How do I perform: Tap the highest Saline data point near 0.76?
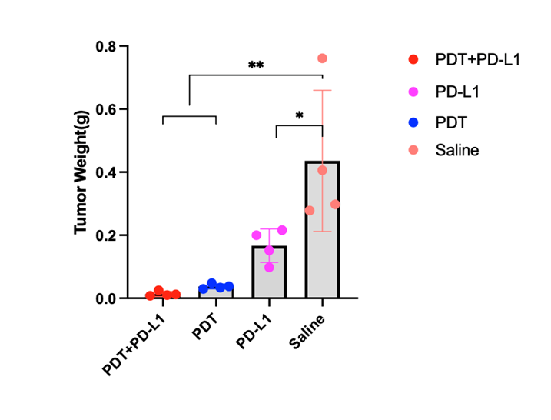pyautogui.click(x=323, y=58)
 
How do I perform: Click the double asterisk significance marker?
pyautogui.click(x=256, y=66)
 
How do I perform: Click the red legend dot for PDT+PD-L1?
pyautogui.click(x=413, y=59)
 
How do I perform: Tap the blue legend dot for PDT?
pyautogui.click(x=413, y=121)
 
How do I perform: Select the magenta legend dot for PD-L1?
pyautogui.click(x=413, y=91)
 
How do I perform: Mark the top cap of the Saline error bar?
pyautogui.click(x=323, y=91)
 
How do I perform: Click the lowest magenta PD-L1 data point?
pyautogui.click(x=269, y=267)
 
